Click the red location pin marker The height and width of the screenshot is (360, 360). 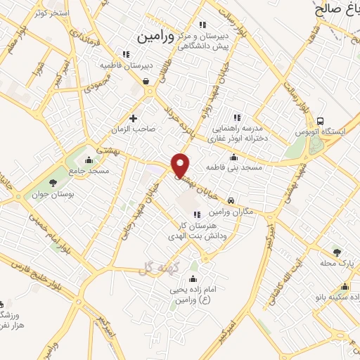coord(181,165)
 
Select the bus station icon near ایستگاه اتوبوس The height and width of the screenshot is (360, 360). coord(321,121)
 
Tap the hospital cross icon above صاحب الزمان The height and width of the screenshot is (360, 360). coord(133,117)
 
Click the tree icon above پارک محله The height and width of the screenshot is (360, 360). coord(337,251)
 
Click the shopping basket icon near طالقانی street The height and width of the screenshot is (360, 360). coord(146,82)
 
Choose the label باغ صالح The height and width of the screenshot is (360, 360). coord(336,8)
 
